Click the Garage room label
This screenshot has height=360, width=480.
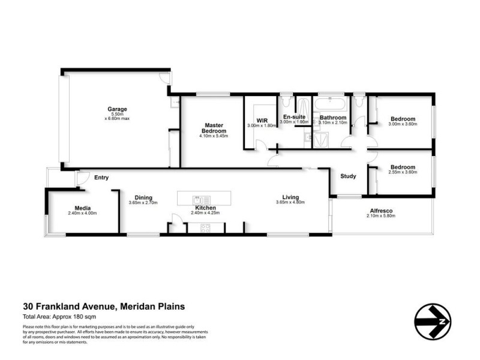pos(117,109)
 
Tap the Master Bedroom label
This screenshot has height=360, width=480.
pos(214,128)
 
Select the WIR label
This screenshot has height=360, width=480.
pos(261,120)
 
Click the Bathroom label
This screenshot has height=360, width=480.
pos(332,118)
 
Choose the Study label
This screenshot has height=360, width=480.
pos(348,176)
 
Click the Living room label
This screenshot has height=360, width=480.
pos(291,197)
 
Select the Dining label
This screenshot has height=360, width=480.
pos(143,197)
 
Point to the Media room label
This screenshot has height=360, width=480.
pos(82,208)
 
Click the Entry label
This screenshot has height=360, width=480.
pos(101,177)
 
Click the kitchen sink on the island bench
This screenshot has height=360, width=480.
pos(200,199)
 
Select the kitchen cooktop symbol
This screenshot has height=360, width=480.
pos(205,227)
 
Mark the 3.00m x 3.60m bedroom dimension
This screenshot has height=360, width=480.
pos(402,124)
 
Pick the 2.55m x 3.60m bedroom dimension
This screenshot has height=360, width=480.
pos(402,172)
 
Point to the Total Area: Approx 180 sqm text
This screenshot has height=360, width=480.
pos(59,316)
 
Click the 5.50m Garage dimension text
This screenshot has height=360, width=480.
pos(117,114)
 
